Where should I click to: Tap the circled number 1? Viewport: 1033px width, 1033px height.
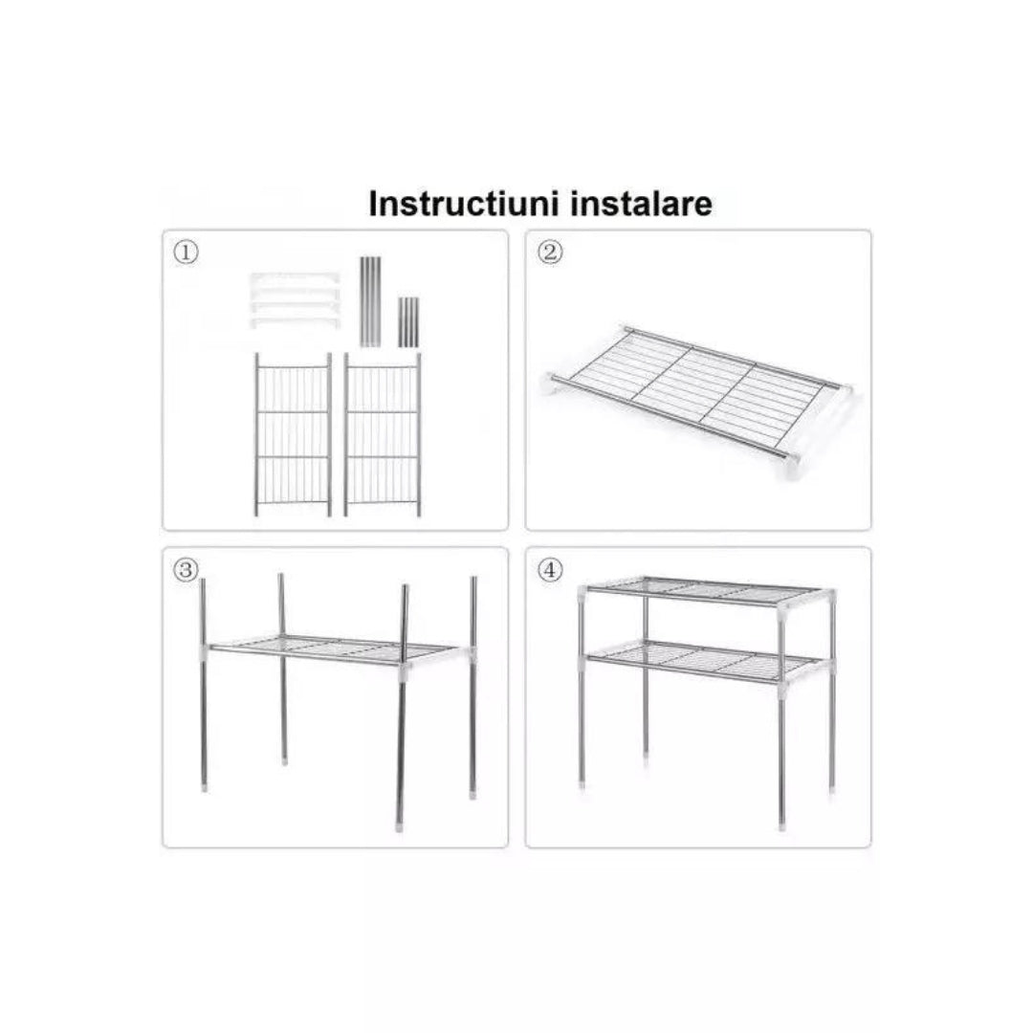(186, 253)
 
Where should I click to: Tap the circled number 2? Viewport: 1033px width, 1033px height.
(550, 252)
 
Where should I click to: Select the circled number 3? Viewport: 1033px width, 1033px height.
(186, 570)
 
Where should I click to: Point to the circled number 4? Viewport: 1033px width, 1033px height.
(550, 570)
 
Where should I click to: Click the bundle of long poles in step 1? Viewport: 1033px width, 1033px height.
(370, 301)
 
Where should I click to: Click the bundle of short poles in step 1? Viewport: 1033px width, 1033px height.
(407, 322)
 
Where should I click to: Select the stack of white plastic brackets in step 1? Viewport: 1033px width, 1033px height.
(296, 300)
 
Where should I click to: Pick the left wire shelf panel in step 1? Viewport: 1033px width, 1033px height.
(293, 434)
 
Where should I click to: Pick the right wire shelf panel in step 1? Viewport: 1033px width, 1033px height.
(382, 434)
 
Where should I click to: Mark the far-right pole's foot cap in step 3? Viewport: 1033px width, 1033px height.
(473, 793)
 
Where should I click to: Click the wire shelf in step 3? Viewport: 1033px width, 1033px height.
(336, 652)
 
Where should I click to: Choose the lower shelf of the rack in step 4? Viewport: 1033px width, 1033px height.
(705, 662)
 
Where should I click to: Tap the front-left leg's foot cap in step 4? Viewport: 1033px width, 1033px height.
(582, 784)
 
